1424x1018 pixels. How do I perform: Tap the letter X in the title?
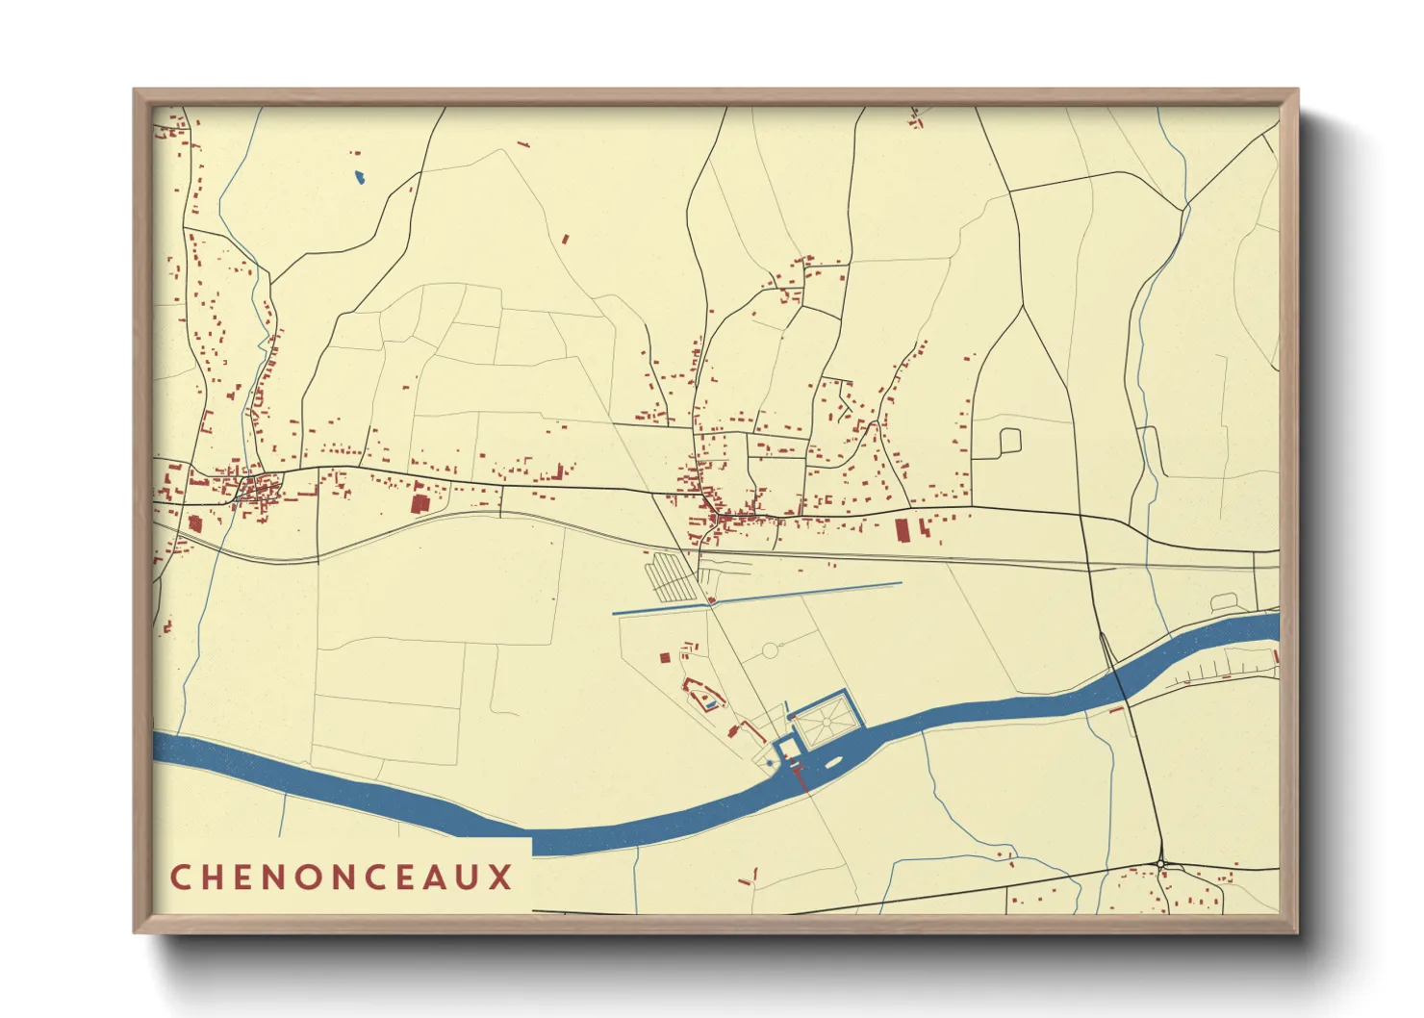click(499, 878)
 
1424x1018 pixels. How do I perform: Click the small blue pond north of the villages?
click(359, 177)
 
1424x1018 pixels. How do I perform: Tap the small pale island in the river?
click(832, 764)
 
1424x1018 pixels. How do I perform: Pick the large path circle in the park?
click(770, 651)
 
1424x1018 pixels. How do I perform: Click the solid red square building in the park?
click(664, 658)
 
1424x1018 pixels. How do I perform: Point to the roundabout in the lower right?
click(1162, 865)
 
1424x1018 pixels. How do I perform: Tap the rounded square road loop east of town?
click(1009, 441)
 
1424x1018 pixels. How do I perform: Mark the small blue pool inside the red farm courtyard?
click(710, 705)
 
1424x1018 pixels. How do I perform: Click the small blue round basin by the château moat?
click(770, 763)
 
